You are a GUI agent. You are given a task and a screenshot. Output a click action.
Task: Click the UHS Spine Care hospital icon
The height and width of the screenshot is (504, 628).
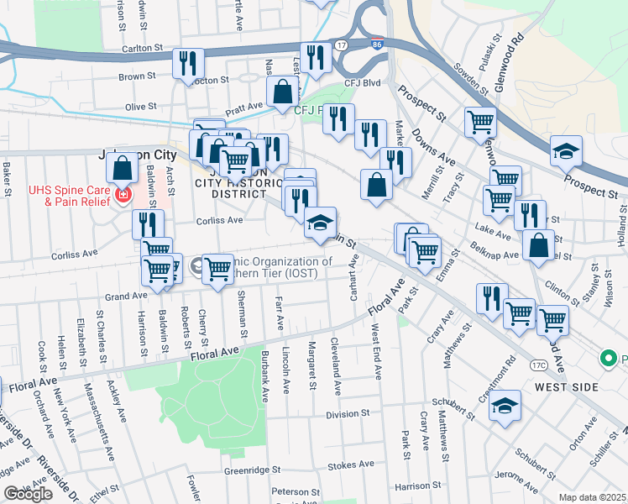[123, 196]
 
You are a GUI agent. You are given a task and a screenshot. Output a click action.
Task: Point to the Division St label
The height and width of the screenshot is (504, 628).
[348, 414]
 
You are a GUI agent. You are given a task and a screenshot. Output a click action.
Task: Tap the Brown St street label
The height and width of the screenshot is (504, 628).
[133, 76]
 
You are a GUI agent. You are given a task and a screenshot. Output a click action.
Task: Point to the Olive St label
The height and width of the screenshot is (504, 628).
[140, 107]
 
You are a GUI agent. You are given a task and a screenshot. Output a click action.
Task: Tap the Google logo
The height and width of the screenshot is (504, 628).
[28, 494]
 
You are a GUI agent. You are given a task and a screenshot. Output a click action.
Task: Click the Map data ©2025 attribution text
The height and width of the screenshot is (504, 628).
[593, 497]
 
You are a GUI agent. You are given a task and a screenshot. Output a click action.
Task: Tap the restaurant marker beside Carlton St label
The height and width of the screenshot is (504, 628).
[187, 63]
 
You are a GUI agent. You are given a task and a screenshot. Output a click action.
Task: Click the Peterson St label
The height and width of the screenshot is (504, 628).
[290, 491]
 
